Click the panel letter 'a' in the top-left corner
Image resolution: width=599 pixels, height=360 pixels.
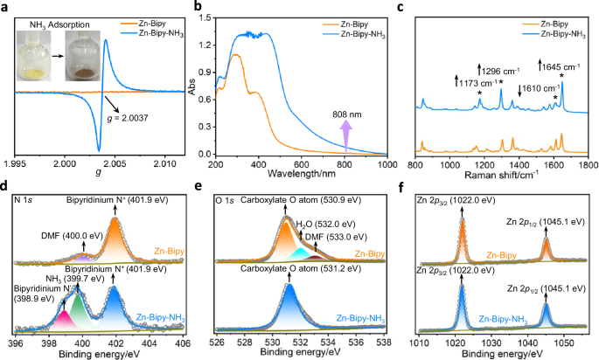coord(6,6)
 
